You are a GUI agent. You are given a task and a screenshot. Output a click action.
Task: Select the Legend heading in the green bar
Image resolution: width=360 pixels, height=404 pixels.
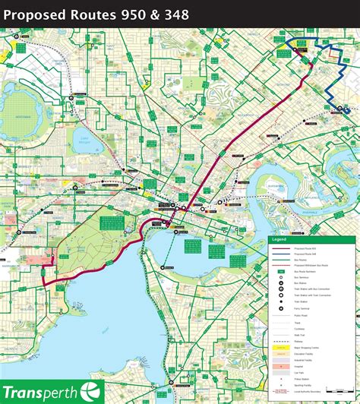point(279,240)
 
